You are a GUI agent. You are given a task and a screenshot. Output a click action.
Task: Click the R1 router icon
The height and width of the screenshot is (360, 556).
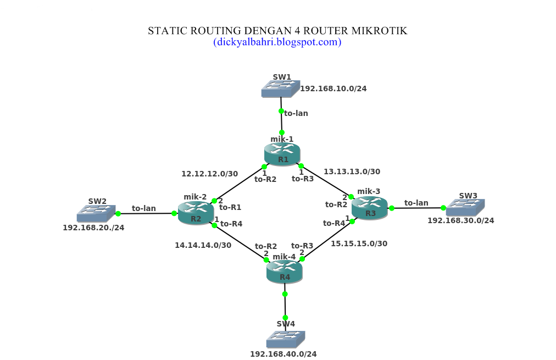coord(282,154)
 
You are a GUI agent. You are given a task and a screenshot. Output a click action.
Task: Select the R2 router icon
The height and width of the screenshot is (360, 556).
coord(196,213)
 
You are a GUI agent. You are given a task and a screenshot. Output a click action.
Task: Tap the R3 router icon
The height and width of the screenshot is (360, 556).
coord(370,208)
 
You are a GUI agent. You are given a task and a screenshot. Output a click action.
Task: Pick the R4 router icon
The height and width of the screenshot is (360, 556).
coord(284,271)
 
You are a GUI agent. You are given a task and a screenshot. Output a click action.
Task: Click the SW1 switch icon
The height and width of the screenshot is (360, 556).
coord(280,88)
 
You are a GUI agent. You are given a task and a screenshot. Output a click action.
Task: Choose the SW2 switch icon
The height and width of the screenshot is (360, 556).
coord(96,213)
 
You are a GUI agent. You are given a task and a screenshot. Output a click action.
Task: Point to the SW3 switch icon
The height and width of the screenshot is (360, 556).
coord(465,207)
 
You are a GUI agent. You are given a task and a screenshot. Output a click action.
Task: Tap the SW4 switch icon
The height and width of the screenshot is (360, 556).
coord(285,339)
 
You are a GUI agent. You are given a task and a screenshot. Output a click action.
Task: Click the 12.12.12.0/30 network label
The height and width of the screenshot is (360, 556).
coord(209,174)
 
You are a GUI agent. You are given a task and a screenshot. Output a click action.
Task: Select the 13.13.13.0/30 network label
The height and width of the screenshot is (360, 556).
coord(352,171)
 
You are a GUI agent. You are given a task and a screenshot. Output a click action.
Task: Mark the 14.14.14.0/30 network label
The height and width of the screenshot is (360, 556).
coord(203,245)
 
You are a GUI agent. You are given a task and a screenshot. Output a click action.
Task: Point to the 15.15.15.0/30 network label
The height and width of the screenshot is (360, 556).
coord(359,243)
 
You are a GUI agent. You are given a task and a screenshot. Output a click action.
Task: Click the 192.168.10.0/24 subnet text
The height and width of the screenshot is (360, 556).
coord(333,88)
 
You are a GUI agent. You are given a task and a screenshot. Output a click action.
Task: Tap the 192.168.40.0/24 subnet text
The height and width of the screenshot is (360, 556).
coord(283,354)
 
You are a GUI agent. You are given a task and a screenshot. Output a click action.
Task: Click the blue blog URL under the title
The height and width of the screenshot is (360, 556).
coord(277,42)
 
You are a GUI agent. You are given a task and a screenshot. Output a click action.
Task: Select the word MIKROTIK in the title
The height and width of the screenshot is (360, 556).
coord(380,31)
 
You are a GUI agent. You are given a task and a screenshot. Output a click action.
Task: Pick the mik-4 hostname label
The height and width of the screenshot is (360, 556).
coord(284,257)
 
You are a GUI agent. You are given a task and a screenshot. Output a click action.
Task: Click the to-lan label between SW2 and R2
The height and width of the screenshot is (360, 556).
coord(143,208)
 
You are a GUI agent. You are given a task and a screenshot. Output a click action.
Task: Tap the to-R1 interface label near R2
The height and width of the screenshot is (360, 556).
coord(230,207)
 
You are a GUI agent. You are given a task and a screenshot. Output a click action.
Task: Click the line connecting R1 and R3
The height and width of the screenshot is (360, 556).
coord(326,180)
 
